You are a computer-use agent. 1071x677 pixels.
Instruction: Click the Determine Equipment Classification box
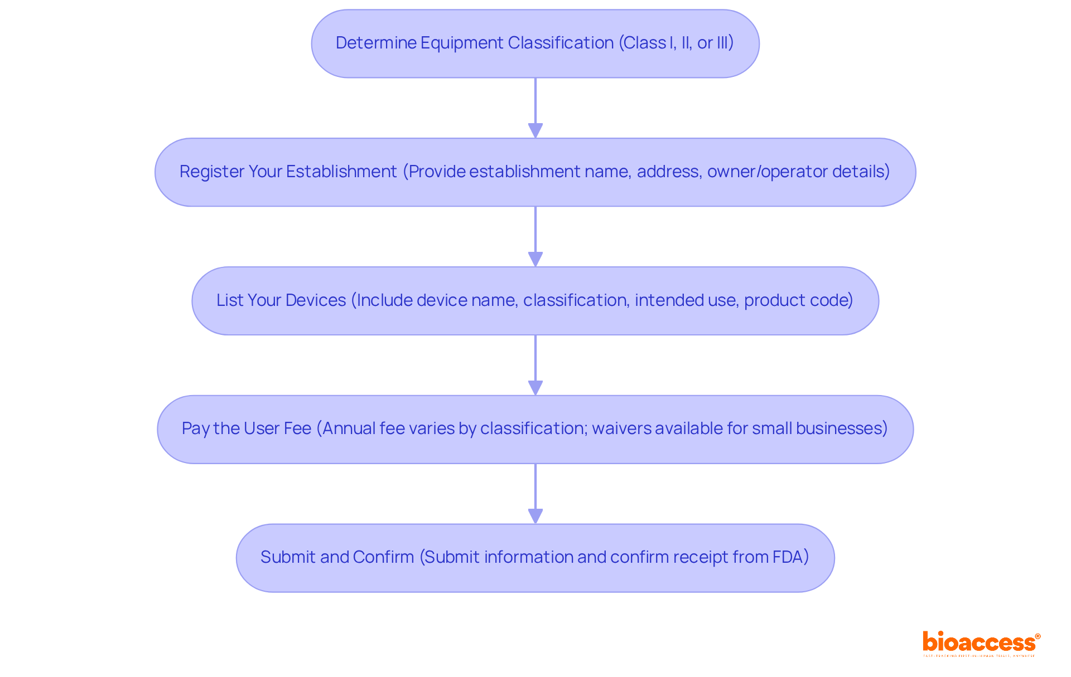pos(535,43)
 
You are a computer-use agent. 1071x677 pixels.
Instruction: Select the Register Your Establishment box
pos(535,172)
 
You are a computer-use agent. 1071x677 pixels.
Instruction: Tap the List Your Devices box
pos(535,301)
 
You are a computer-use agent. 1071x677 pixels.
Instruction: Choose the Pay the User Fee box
pos(535,429)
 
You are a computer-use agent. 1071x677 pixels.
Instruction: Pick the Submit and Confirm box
pos(535,558)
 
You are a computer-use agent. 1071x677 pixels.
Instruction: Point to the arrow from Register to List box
pos(535,236)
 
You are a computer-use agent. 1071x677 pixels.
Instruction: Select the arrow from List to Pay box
pos(535,365)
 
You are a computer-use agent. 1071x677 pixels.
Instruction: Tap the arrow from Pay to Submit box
pos(535,494)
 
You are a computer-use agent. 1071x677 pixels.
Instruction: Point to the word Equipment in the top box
pos(461,43)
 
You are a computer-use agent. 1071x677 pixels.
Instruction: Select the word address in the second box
pos(668,172)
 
